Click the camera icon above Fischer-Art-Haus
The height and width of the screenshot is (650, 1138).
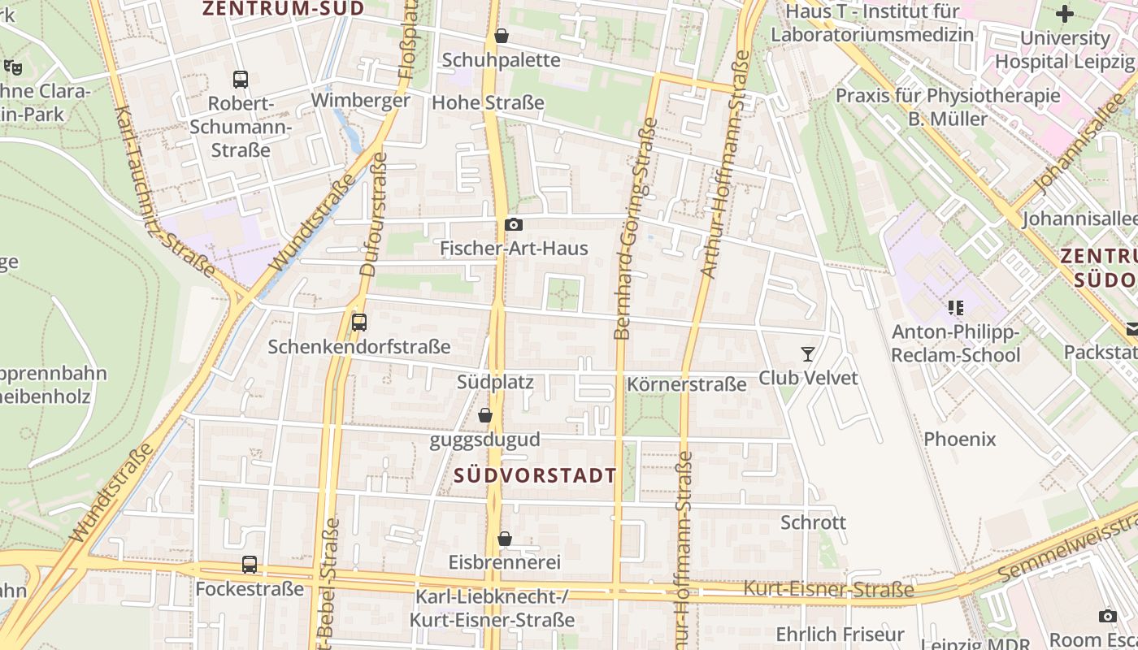pyautogui.click(x=514, y=225)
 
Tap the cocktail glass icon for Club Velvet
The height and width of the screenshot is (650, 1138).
pyautogui.click(x=807, y=353)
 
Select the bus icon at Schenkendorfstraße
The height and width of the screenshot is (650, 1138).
pyautogui.click(x=359, y=323)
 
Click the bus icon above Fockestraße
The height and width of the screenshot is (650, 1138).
pyautogui.click(x=250, y=564)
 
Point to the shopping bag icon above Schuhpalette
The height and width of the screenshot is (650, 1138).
pyautogui.click(x=502, y=36)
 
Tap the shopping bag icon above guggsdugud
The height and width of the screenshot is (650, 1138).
pyautogui.click(x=485, y=415)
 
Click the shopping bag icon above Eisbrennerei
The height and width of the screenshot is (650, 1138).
pyautogui.click(x=505, y=539)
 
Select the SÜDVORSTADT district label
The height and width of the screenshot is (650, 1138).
pyautogui.click(x=535, y=475)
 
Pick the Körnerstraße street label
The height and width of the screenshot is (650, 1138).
pyautogui.click(x=686, y=384)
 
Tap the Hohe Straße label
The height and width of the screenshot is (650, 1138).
pyautogui.click(x=488, y=103)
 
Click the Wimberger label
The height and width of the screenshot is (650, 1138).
pyautogui.click(x=360, y=101)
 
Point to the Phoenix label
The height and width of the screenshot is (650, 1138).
pyautogui.click(x=959, y=440)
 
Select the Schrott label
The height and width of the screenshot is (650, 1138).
pyautogui.click(x=813, y=522)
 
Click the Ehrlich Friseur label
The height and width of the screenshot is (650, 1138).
pyautogui.click(x=840, y=634)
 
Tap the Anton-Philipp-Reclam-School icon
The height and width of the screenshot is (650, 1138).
pyautogui.click(x=955, y=308)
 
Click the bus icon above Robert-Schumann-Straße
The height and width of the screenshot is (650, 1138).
pyautogui.click(x=241, y=79)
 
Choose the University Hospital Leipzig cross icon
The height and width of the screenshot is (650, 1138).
pyautogui.click(x=1064, y=14)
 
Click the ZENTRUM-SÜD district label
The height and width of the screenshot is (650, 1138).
pyautogui.click(x=284, y=9)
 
